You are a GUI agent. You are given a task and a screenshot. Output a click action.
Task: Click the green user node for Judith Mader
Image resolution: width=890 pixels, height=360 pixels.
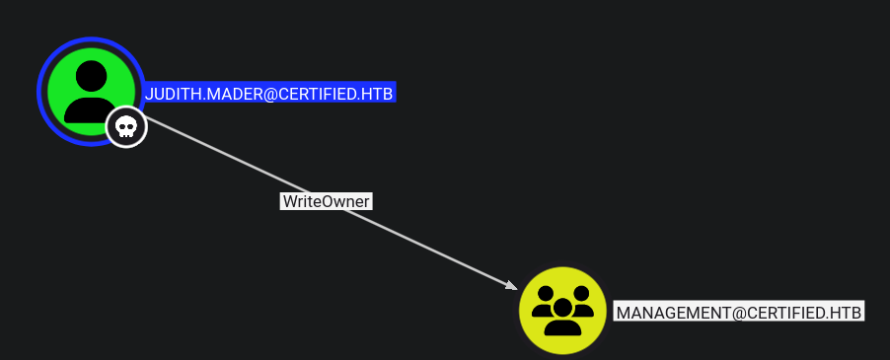coord(90,90)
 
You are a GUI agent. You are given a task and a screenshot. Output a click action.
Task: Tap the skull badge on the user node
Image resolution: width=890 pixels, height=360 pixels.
coord(126,127)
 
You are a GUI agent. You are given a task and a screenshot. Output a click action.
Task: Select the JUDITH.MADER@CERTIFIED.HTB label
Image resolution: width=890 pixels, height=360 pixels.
coord(269,94)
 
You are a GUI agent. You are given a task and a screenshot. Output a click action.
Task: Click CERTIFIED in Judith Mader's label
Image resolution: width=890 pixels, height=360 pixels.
coord(317,94)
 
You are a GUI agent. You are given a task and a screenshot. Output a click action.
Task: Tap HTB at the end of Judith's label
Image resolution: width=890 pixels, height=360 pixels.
coord(378,94)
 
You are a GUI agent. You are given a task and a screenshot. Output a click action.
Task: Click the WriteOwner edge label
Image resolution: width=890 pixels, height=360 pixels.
coord(327,201)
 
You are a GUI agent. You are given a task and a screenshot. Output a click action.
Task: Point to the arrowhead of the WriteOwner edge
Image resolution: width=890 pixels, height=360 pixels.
coord(511,287)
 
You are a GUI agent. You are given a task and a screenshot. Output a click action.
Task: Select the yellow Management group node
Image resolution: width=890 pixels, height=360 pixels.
coord(562,311)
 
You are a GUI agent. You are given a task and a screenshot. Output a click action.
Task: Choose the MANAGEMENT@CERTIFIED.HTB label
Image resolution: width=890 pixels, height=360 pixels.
coord(739,312)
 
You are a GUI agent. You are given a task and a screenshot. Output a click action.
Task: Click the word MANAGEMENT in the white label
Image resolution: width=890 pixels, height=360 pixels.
coord(671,312)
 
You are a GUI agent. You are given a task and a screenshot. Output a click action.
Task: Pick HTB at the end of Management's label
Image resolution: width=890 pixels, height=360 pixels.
coord(847,312)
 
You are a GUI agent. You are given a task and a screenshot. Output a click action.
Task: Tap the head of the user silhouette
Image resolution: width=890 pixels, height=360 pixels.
coord(90,75)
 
